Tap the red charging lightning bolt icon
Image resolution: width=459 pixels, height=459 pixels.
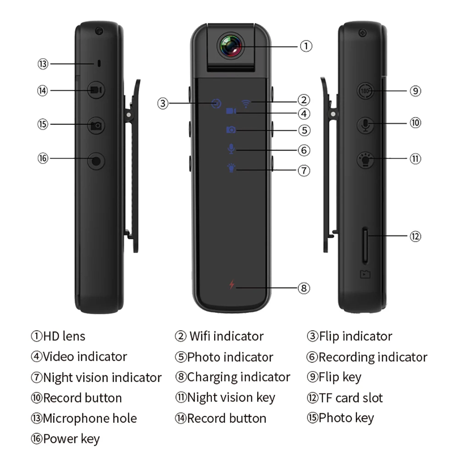click(232, 285)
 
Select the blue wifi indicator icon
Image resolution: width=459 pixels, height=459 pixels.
click(247, 103)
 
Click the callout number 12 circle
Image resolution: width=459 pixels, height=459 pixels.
click(415, 236)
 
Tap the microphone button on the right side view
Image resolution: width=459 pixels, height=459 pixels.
click(365, 124)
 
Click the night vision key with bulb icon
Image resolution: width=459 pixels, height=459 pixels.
click(366, 160)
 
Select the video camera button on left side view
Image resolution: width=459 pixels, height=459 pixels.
click(96, 90)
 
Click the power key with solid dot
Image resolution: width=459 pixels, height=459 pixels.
click(96, 161)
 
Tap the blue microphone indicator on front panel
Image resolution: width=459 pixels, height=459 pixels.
click(232, 149)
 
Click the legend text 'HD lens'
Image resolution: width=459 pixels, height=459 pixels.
click(64, 336)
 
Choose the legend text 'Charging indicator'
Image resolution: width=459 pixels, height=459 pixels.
click(238, 377)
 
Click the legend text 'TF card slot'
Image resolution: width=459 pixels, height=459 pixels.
click(351, 398)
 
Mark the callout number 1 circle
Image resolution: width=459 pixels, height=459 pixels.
click(306, 46)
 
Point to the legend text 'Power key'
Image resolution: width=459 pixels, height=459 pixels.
click(71, 439)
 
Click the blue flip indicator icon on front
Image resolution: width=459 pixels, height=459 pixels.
click(216, 103)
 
